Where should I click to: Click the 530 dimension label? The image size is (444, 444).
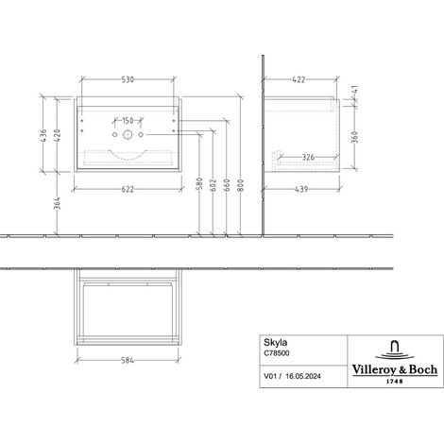128,79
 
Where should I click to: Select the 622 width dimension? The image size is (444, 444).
128,189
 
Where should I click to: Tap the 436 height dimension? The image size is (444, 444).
43,135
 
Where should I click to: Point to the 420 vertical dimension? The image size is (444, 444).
57,135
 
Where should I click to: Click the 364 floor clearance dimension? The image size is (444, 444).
57,203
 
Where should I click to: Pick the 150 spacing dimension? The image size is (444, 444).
128,121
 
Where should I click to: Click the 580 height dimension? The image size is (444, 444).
199,184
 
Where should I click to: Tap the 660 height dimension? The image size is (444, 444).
227,185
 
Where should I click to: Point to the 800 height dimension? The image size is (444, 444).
240,185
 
